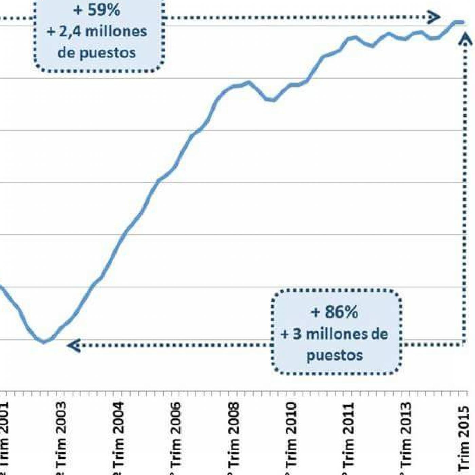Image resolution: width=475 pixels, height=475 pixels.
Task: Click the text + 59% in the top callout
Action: pos(97,10)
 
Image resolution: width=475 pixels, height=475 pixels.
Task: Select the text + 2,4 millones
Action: pos(97,32)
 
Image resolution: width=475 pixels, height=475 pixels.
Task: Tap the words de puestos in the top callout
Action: pos(97,52)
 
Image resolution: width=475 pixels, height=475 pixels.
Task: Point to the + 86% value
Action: pos(335,312)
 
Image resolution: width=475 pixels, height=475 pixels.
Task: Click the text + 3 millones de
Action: pos(335,334)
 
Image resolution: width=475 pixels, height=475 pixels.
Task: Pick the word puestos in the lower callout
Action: pos(335,355)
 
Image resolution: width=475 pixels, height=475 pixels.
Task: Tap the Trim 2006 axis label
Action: pos(175,438)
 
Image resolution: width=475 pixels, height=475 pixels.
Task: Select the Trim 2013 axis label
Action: pos(406,438)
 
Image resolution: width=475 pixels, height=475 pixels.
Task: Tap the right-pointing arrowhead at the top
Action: pos(434,17)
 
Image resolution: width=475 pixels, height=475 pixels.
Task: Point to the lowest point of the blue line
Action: pos(43,342)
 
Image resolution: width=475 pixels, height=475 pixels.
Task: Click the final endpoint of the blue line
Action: pos(463,22)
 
